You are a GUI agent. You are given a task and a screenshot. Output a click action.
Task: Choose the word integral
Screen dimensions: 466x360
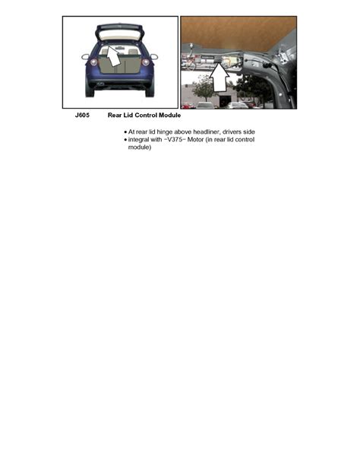(142, 140)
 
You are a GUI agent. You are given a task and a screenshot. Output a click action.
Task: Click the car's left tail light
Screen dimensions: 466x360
(94, 62)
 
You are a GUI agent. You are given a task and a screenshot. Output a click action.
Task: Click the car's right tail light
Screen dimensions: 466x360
(144, 62)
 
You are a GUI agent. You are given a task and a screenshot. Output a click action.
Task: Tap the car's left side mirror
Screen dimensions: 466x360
(85, 55)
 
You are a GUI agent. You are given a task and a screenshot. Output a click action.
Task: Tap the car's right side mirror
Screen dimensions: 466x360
(154, 55)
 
